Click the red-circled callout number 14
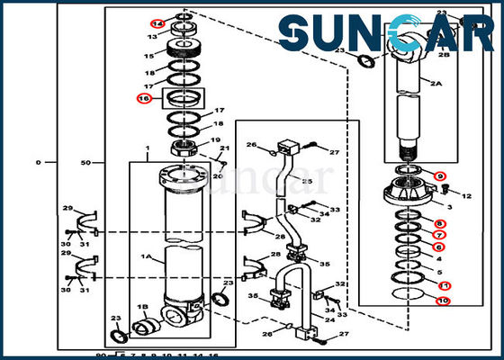(x=157, y=23)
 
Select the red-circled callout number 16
(x=143, y=98)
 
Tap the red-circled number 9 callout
(x=439, y=175)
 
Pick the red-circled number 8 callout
(x=439, y=224)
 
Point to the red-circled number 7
(x=439, y=236)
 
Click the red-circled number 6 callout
(x=439, y=247)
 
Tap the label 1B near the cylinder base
(x=142, y=308)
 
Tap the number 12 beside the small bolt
(x=466, y=195)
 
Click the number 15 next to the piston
(x=148, y=56)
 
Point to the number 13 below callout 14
(x=152, y=38)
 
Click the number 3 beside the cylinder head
(x=449, y=207)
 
